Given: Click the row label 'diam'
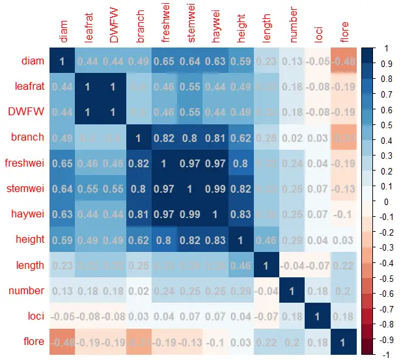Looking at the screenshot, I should [x=32, y=61].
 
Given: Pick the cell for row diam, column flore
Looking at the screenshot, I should [x=344, y=61].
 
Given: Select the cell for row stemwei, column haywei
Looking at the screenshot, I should [x=216, y=189].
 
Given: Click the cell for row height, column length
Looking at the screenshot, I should [x=267, y=240].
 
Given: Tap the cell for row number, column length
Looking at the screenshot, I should [x=267, y=290].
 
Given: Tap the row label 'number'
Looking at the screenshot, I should [x=27, y=290].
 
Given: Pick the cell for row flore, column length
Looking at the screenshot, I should [x=267, y=341].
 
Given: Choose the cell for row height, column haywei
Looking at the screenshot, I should [x=216, y=240].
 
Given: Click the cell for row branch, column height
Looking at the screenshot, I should [x=242, y=137].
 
